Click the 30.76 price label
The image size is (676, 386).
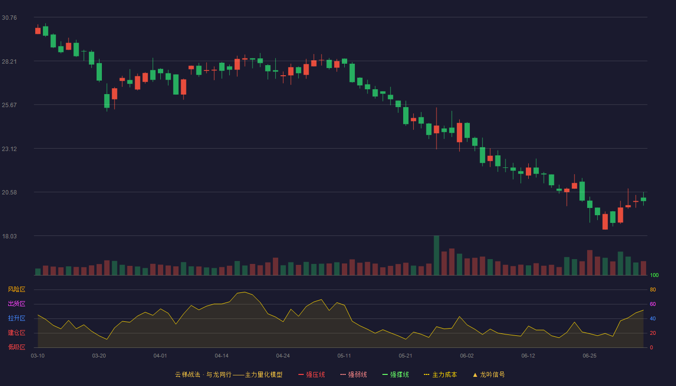coord(9,18)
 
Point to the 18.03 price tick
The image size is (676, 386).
coord(9,236)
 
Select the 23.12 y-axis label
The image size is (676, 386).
coord(9,149)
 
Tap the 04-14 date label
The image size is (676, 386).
coord(222,356)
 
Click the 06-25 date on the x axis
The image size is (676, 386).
coord(590,356)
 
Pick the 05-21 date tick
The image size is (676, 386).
coord(405,356)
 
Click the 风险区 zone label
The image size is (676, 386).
coord(16,289)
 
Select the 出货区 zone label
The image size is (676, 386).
coord(16,303)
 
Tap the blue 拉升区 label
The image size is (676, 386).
coord(16,318)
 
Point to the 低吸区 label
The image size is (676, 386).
coord(16,347)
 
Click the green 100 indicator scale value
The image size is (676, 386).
coord(654,275)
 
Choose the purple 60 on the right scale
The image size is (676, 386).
coord(653,304)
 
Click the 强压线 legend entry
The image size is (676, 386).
coord(311,374)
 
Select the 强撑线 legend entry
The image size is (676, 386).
coord(395,374)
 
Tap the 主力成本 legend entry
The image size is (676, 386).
coord(440,374)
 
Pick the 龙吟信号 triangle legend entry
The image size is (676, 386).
coord(489,374)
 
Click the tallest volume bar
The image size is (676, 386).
coord(437,255)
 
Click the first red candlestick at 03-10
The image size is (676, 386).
coord(38,31)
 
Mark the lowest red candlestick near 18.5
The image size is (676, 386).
coord(605,221)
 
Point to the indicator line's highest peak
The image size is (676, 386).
coord(245,292)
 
